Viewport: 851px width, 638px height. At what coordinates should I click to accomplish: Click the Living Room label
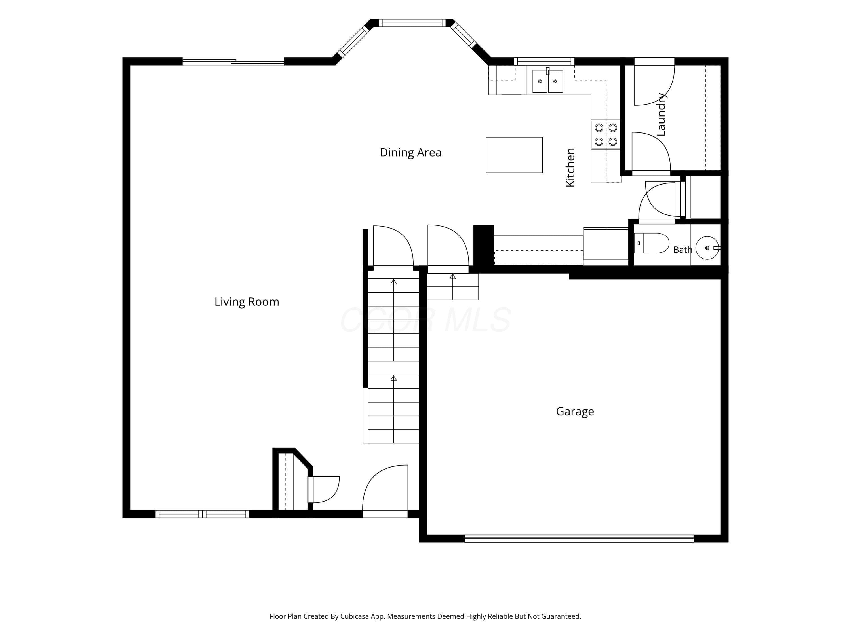[247, 302]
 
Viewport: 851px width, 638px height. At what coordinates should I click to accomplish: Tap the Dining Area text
[410, 153]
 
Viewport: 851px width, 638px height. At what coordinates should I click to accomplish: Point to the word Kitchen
[570, 168]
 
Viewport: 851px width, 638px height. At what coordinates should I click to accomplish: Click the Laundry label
[661, 114]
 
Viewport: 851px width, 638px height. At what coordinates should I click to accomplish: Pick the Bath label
[683, 250]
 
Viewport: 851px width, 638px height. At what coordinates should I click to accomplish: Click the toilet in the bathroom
[651, 243]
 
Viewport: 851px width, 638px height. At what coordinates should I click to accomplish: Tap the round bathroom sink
[707, 248]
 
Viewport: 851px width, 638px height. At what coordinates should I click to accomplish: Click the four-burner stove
[606, 135]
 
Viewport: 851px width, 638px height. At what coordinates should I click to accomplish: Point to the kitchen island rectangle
[514, 155]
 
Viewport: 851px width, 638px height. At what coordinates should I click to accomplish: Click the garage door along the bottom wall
[579, 538]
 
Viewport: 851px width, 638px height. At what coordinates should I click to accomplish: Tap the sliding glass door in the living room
[233, 62]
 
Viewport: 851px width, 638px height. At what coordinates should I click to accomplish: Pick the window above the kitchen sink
[544, 61]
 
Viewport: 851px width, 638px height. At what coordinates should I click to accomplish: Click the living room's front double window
[202, 514]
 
